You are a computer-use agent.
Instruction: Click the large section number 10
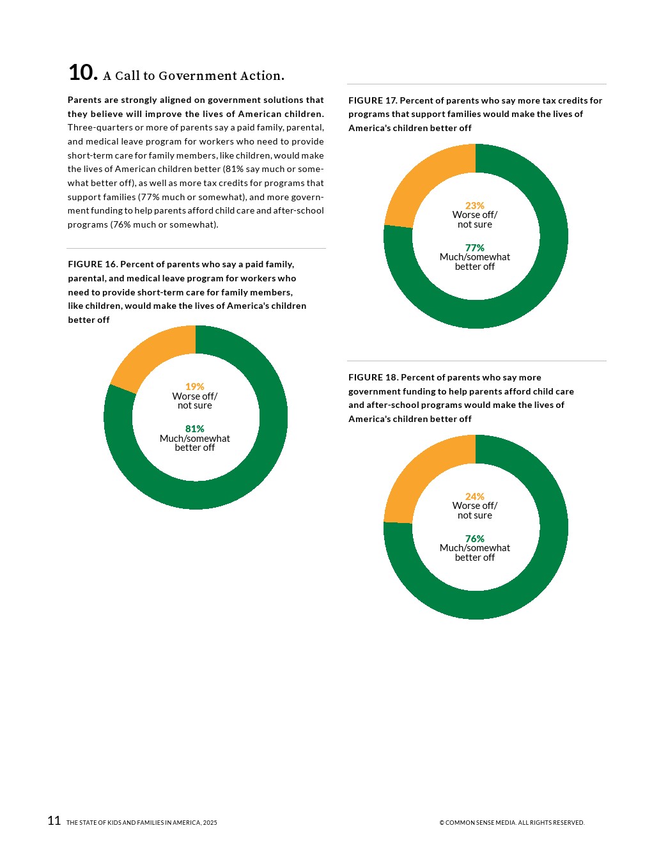[x=82, y=72]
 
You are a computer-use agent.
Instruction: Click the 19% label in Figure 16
[x=194, y=387]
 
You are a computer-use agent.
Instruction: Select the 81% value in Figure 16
[x=194, y=429]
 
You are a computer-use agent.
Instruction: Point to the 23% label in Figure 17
[x=474, y=206]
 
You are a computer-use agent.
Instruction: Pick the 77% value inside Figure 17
[x=474, y=248]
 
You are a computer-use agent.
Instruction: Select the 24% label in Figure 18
[x=474, y=497]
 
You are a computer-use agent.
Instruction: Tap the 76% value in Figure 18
[x=474, y=539]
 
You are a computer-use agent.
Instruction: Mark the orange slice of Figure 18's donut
[x=425, y=473]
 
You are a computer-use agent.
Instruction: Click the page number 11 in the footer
[x=54, y=820]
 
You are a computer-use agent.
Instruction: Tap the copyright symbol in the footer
[x=442, y=823]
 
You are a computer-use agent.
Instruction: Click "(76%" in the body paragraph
[x=121, y=224]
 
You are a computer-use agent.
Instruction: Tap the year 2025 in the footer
[x=210, y=823]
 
